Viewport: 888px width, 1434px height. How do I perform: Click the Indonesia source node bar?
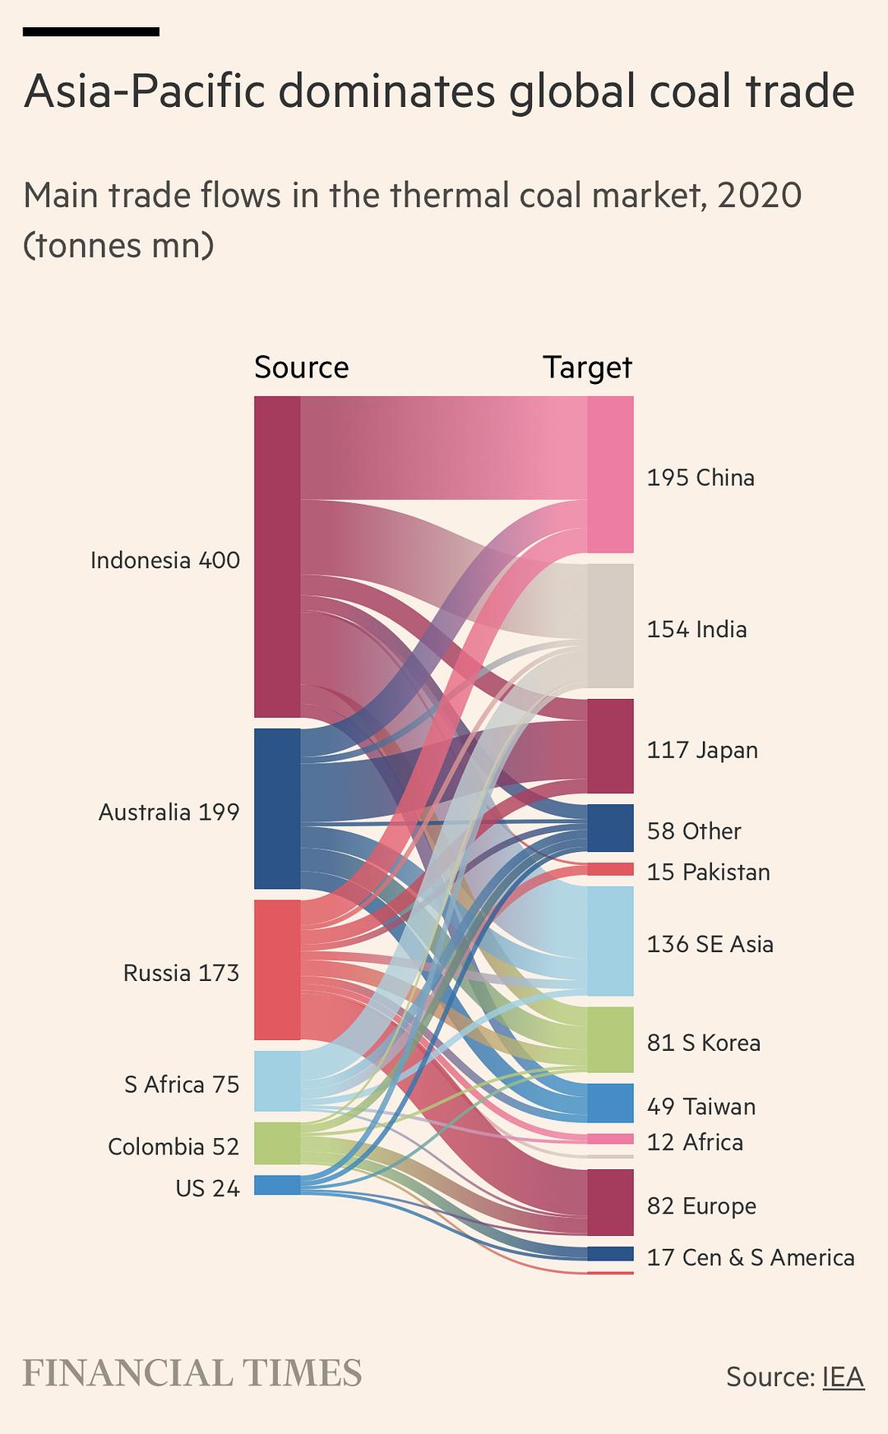[277, 557]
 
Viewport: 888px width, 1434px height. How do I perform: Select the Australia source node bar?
[277, 808]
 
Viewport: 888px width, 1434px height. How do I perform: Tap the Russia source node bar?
[277, 969]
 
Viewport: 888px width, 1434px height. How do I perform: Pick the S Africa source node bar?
[277, 1081]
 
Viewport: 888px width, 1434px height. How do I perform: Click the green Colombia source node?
[277, 1143]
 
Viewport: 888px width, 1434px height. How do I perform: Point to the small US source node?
[277, 1185]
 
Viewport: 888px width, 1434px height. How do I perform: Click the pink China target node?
[610, 474]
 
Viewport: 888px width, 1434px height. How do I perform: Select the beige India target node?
[610, 626]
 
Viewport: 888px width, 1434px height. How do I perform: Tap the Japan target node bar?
[610, 746]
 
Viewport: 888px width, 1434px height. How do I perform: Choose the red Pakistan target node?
[610, 869]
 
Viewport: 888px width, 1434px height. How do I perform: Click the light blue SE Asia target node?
[610, 941]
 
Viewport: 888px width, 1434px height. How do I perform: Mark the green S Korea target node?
[610, 1039]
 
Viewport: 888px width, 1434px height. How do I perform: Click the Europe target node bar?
[610, 1202]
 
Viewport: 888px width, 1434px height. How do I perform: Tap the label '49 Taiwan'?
[701, 1107]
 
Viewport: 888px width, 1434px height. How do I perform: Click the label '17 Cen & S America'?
[750, 1257]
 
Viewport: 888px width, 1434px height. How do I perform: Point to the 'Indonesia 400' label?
[165, 561]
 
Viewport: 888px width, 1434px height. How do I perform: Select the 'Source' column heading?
[301, 367]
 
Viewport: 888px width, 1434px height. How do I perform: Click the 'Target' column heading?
[587, 367]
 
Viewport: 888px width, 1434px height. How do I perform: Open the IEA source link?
[843, 1376]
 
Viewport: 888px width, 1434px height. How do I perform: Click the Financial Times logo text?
[192, 1373]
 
